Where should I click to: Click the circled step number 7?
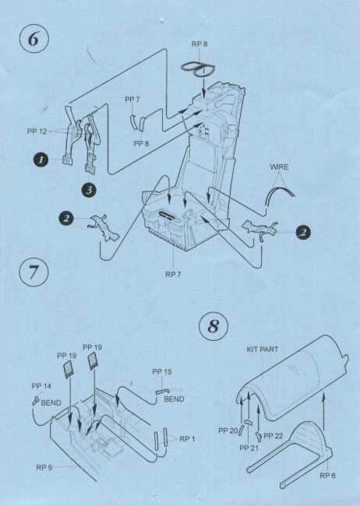[34, 272]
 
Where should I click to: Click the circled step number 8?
[214, 326]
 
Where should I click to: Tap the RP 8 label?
[199, 44]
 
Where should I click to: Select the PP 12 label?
[37, 132]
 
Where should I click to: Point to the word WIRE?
[279, 167]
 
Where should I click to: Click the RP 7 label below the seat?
[173, 275]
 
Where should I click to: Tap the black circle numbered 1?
[41, 160]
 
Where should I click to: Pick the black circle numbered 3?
[89, 191]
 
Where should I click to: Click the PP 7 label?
[132, 100]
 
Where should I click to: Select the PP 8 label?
[141, 143]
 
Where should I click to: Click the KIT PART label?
[263, 350]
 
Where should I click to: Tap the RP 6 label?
[328, 476]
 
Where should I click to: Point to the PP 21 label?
[249, 448]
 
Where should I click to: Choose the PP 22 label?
[273, 436]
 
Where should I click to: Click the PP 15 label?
[162, 372]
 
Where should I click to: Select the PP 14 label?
[41, 386]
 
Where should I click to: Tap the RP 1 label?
[187, 439]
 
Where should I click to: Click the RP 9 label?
[44, 468]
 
